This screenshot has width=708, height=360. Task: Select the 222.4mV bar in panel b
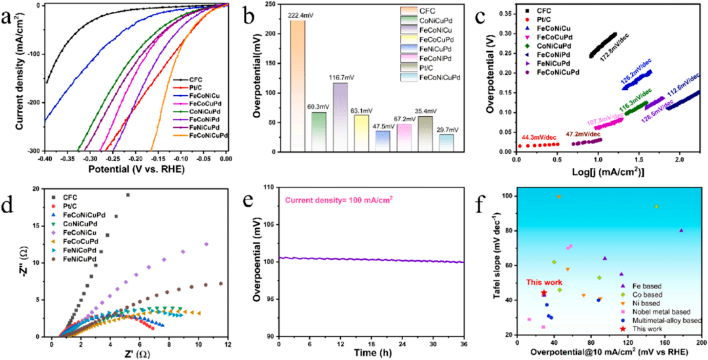[298, 85]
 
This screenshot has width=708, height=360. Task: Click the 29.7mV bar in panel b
[446, 142]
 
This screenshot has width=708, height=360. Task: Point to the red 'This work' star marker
[543, 293]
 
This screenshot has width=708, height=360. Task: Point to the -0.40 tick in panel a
[46, 159]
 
